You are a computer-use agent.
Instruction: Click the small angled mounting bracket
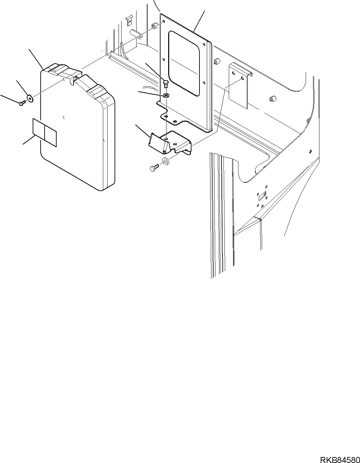170,142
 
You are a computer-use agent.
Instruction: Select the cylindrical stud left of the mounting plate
136,34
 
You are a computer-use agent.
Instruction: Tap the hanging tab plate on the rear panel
238,86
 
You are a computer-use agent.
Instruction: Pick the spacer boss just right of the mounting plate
217,62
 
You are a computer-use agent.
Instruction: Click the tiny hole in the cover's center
64,117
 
